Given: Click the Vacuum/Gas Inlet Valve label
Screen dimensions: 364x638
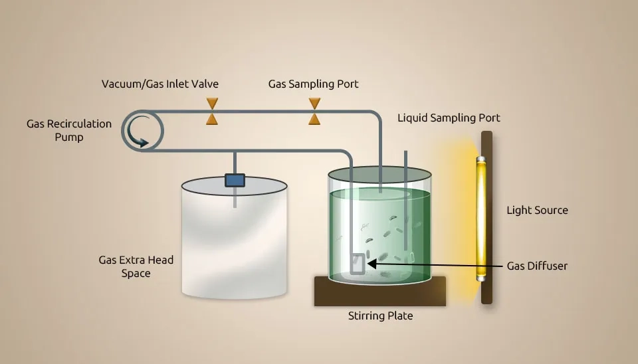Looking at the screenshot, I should pos(159,84).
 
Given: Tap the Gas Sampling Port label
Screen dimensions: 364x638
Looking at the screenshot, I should pos(313,84).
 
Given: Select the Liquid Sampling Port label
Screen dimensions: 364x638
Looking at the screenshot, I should pos(449,118).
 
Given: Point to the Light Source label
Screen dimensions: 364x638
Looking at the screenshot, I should pos(537,211).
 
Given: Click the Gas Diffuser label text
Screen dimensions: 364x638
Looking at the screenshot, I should pos(537,266).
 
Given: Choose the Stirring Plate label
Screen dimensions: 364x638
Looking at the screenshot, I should pos(380,316).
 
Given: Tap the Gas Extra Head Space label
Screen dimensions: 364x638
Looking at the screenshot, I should pos(136,266).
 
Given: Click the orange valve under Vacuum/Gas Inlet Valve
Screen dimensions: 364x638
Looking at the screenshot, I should pos(212,112).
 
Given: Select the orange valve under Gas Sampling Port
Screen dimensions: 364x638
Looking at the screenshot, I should pos(314,112).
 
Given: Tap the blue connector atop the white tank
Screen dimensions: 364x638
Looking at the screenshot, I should pos(235,180).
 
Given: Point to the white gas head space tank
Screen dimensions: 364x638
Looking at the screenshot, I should pos(235,246).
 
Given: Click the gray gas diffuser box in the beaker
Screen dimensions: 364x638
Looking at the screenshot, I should pos(358,264).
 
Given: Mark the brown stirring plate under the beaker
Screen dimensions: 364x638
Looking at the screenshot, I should pos(379,292).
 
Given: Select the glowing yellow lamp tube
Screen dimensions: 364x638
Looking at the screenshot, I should pos(480,219).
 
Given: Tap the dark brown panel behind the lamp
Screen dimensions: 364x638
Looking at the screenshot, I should pos(487,292).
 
